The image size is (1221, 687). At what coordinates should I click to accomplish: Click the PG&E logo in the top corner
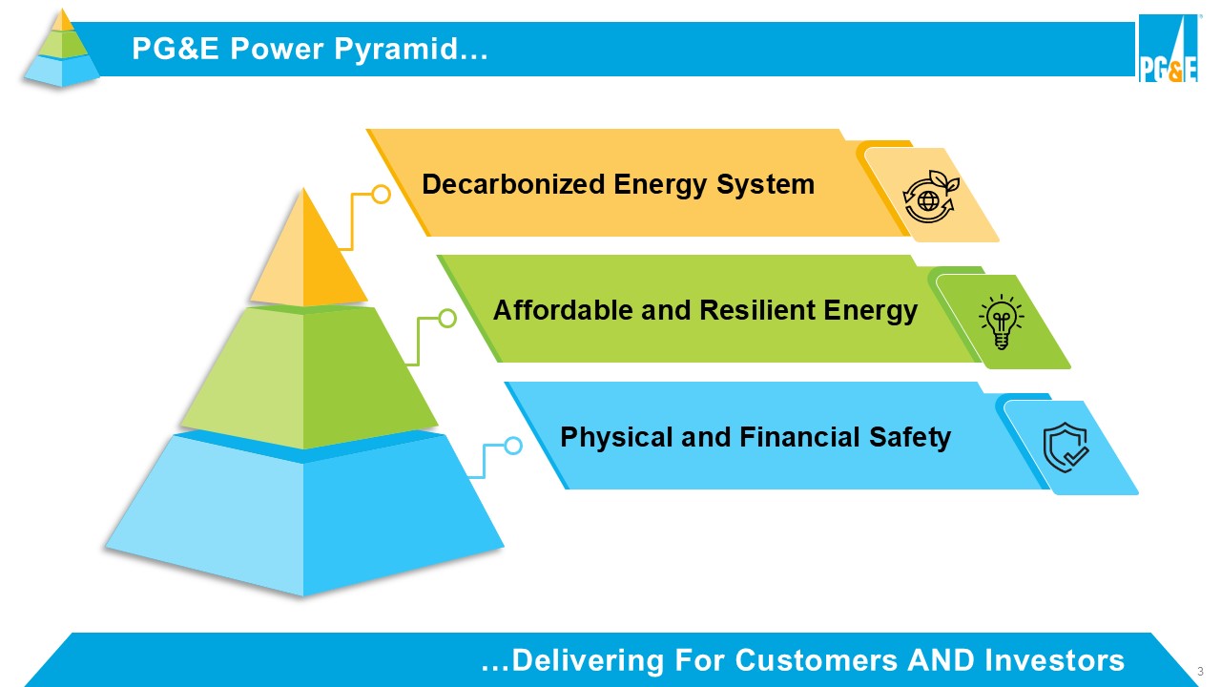coord(1168,49)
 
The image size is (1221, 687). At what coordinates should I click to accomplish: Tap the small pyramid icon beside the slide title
coord(62,48)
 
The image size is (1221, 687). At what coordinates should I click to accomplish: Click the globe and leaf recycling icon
coord(929,196)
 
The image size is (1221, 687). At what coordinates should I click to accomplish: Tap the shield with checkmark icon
coord(1066,448)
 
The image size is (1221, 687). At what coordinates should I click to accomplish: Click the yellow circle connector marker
coord(381,195)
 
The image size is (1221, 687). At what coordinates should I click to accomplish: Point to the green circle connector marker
coord(446,319)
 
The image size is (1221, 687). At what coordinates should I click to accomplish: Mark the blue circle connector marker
coord(512,446)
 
